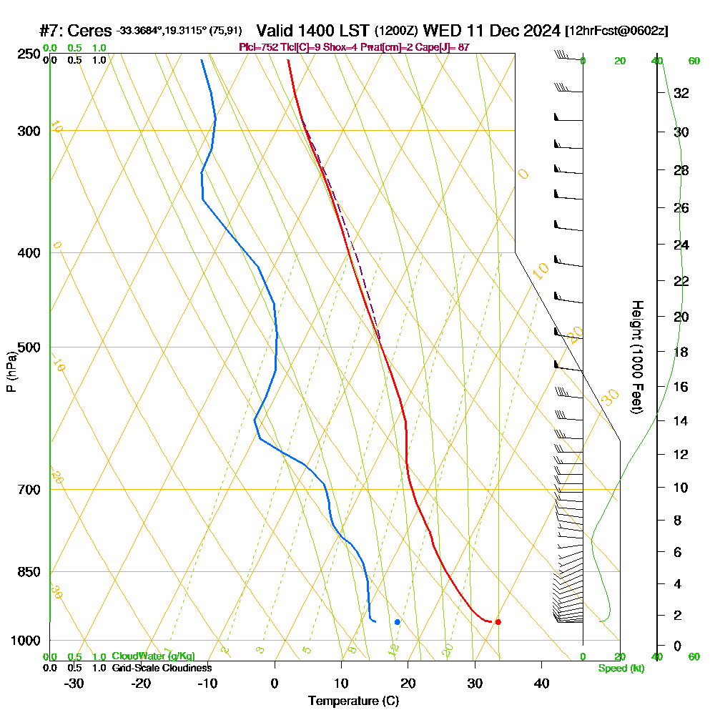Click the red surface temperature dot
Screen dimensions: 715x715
pos(498,621)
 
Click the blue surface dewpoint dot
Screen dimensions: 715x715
pos(398,622)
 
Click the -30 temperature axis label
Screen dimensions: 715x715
pos(74,684)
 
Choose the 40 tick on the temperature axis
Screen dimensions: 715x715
pos(541,684)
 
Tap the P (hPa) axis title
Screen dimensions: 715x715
pos(11,372)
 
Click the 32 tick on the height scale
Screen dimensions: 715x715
pos(681,93)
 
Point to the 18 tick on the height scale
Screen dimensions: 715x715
pos(681,352)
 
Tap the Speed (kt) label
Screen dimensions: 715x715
pos(621,669)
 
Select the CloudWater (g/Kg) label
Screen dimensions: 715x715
pos(153,656)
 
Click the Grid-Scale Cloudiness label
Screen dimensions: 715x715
pos(161,668)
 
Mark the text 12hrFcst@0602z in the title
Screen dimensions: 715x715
pos(616,31)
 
